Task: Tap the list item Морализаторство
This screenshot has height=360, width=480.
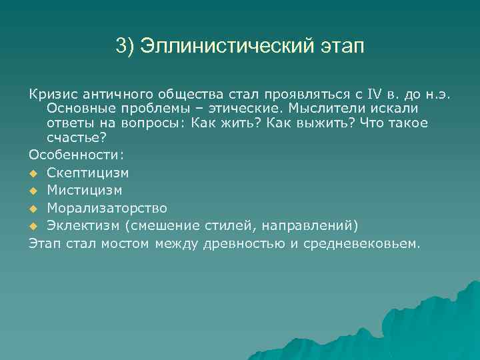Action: [107, 207]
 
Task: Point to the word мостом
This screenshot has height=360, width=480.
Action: [126, 243]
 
